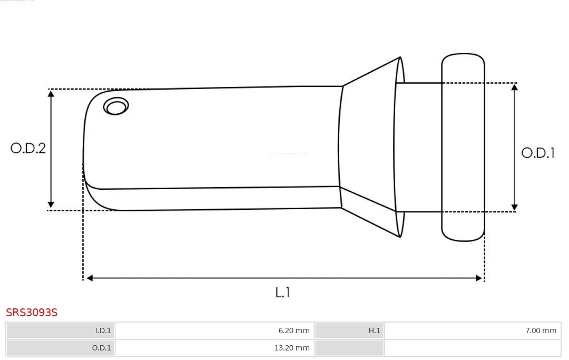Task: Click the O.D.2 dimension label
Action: pyautogui.click(x=28, y=148)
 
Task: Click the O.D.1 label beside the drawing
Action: pyautogui.click(x=538, y=153)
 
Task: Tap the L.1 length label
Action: pyautogui.click(x=282, y=293)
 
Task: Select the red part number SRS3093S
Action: pyautogui.click(x=32, y=313)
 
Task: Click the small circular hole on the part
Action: pyautogui.click(x=116, y=106)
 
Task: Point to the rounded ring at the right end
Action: pyautogui.click(x=463, y=148)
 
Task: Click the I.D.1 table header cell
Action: pyautogui.click(x=61, y=330)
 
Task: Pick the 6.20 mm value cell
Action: pyautogui.click(x=214, y=330)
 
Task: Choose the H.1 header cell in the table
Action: pyautogui.click(x=349, y=330)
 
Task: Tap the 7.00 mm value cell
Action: pyautogui.click(x=473, y=330)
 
